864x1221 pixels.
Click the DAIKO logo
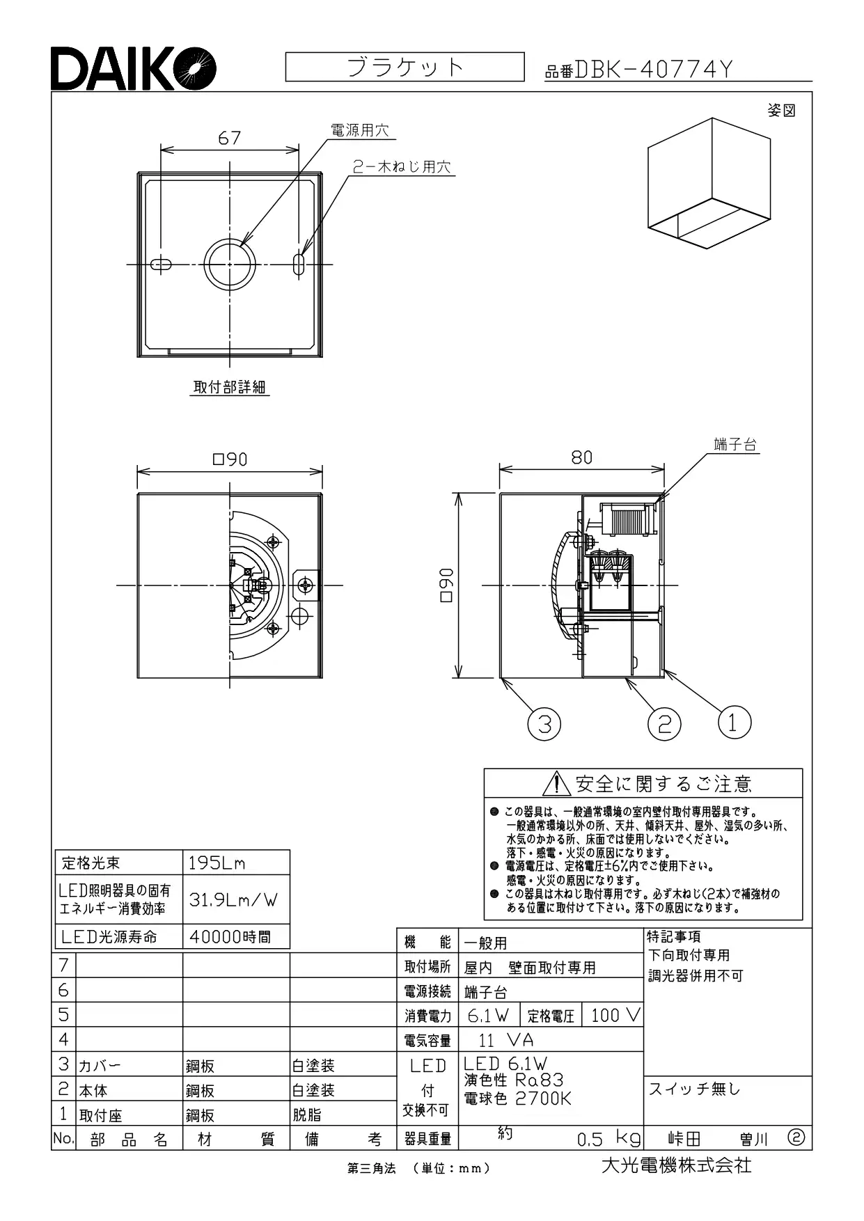(x=133, y=68)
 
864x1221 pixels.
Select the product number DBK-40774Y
(x=654, y=70)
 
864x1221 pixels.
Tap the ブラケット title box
(x=404, y=67)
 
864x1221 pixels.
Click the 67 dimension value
(x=229, y=138)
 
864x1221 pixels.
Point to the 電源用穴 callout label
(x=359, y=130)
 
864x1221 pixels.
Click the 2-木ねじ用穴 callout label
(x=401, y=167)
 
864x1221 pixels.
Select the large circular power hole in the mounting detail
(x=230, y=265)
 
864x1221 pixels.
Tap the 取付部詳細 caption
(x=230, y=387)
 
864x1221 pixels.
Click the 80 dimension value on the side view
(x=582, y=457)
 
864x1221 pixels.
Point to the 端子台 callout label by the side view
(x=735, y=444)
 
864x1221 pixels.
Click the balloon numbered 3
(x=544, y=725)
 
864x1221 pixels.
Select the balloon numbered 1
(x=734, y=722)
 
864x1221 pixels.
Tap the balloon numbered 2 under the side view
(x=664, y=725)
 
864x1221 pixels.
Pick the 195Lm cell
(x=217, y=863)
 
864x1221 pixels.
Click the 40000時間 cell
(x=230, y=937)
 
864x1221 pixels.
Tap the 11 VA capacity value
(x=506, y=1040)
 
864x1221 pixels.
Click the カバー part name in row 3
(x=100, y=1066)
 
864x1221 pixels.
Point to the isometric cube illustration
(x=709, y=183)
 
